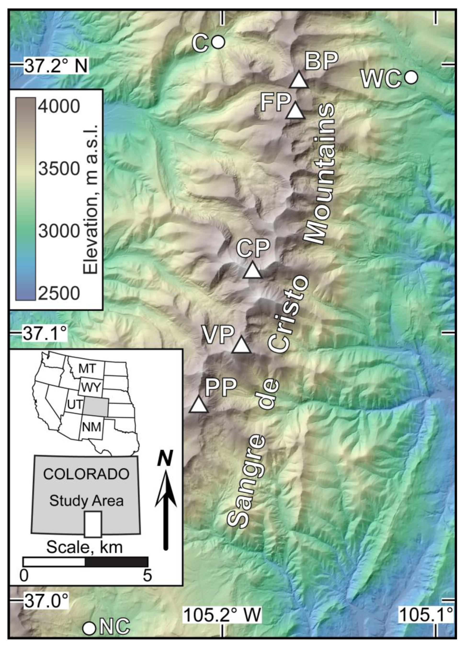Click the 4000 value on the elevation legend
point(59,107)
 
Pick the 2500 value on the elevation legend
point(59,293)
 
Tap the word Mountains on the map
point(320,173)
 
